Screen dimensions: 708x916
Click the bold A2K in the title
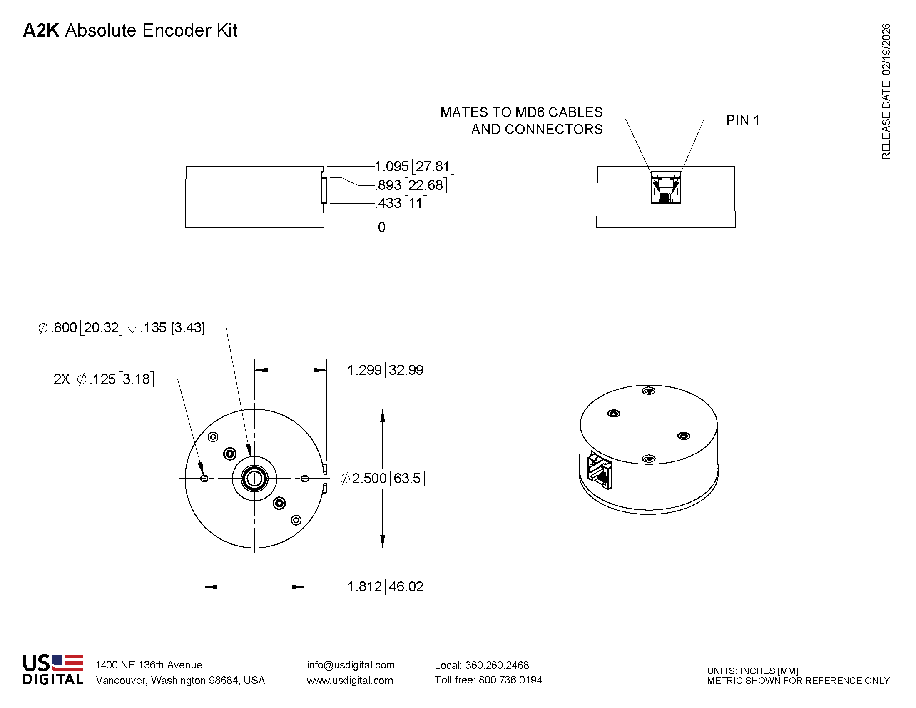(41, 31)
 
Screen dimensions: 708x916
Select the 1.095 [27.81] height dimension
(413, 167)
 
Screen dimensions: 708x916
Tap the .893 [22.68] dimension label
(410, 185)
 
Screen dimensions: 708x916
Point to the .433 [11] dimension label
(401, 203)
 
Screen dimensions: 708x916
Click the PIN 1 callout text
(742, 121)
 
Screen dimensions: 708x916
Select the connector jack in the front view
(666, 190)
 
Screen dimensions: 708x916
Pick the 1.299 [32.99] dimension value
(387, 370)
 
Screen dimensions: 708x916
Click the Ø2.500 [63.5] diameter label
(383, 478)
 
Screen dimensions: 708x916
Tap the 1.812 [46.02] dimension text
(387, 586)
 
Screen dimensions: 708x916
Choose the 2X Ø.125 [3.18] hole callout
(104, 379)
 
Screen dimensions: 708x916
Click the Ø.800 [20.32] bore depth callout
(122, 328)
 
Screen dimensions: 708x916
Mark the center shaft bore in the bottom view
(254, 478)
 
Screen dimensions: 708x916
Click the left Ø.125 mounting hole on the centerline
(204, 479)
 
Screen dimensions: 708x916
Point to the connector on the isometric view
(600, 470)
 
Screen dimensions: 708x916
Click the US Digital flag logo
(67, 663)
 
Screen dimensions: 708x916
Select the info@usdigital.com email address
(351, 665)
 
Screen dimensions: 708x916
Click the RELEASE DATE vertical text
(886, 92)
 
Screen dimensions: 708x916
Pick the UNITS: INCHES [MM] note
(752, 671)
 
